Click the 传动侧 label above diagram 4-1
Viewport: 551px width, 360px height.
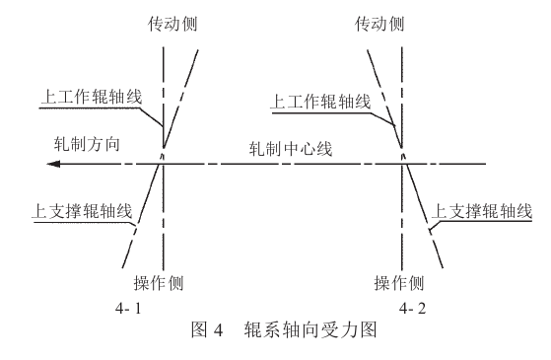click(x=164, y=22)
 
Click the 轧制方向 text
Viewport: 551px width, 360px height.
click(x=87, y=143)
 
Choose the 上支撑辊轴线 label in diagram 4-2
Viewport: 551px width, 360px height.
click(x=484, y=212)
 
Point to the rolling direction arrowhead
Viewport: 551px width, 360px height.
click(x=36, y=162)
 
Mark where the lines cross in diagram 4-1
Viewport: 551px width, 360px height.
click(x=164, y=157)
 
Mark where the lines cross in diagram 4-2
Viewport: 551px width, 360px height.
click(x=402, y=157)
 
